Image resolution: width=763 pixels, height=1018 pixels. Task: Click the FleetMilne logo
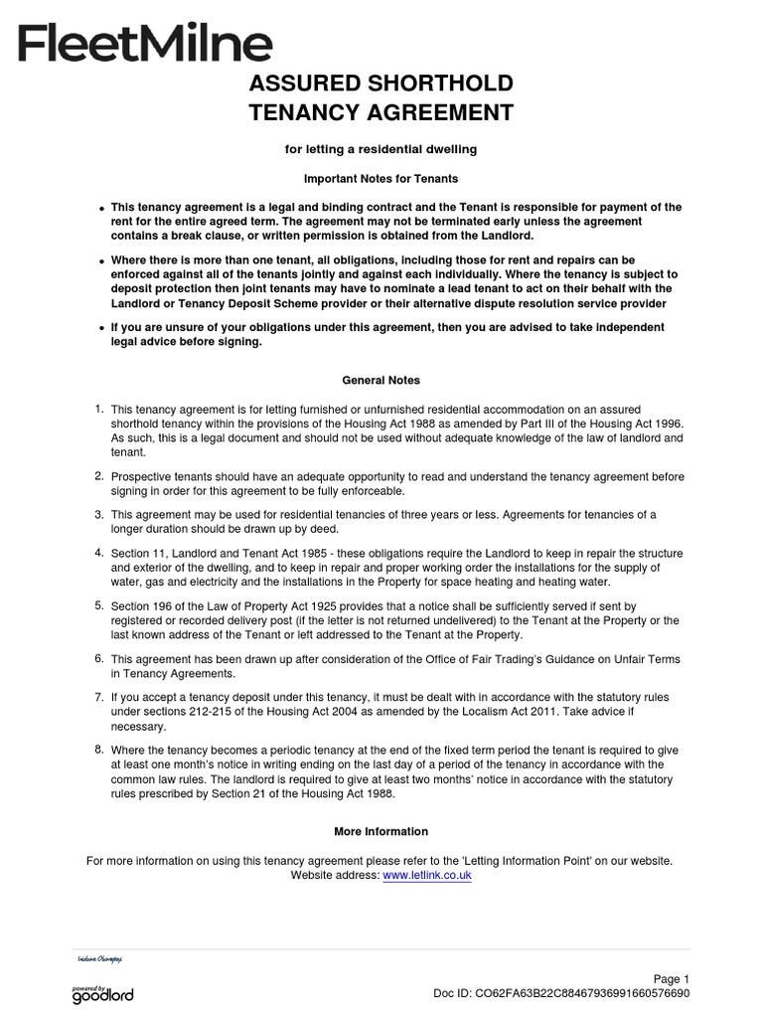point(144,44)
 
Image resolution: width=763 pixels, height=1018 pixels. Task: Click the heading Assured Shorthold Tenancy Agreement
point(381,97)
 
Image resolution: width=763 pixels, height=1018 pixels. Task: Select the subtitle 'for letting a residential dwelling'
point(381,149)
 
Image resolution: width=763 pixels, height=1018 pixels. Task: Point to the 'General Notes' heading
point(381,380)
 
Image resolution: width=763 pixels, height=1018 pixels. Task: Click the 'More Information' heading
point(381,831)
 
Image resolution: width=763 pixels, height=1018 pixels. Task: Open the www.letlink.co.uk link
point(426,875)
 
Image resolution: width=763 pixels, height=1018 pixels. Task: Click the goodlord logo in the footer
point(102,994)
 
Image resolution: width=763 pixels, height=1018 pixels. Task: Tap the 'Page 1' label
point(671,978)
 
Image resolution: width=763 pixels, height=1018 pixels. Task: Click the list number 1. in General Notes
point(98,409)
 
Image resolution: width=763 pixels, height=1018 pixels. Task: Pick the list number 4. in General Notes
point(98,552)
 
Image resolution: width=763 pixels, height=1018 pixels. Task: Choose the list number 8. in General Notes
point(98,748)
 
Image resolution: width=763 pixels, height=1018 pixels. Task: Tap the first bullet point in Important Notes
point(101,209)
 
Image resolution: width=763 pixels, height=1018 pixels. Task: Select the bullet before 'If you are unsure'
point(101,329)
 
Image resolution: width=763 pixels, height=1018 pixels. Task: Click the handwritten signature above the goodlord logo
point(99,959)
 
